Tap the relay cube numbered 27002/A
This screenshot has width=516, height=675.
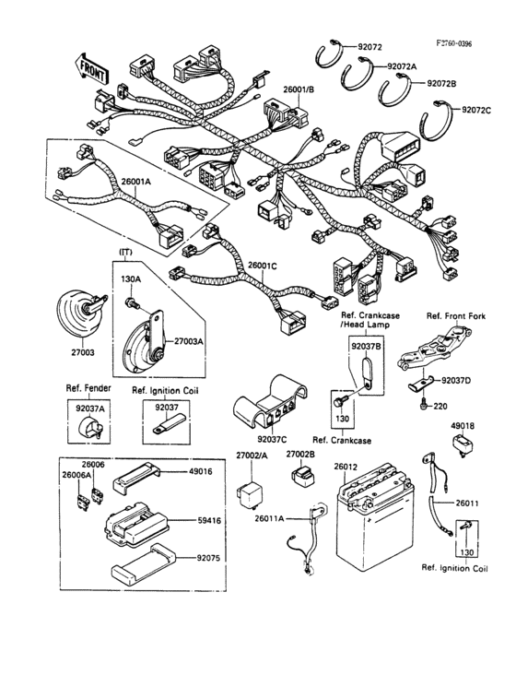tap(249, 489)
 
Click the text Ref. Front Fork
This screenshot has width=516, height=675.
tap(454, 316)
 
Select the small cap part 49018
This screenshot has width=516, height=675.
tap(463, 442)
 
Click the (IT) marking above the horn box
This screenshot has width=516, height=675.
tap(123, 252)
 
